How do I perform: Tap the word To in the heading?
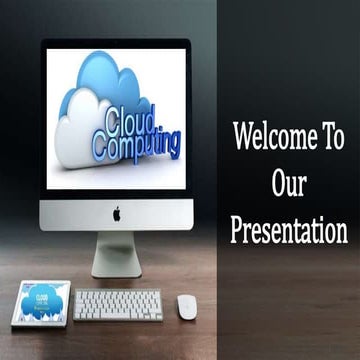coord(330,137)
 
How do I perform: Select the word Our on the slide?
coord(289,184)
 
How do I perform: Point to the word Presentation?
coord(289,231)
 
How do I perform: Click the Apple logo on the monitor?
coord(116,213)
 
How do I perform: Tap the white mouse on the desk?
coord(187,307)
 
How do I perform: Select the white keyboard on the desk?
coord(118,304)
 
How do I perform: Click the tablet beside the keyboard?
coord(41,302)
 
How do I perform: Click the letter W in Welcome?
coord(244,137)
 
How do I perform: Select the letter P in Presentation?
coord(237,231)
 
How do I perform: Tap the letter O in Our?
coord(277,184)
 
